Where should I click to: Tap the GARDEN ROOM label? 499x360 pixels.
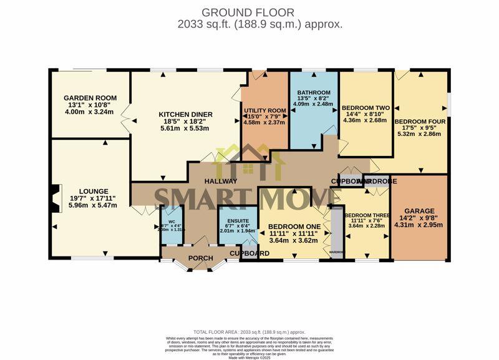click(x=90, y=98)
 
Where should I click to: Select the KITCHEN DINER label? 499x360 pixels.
click(x=185, y=114)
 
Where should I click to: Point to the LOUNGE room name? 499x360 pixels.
click(x=94, y=192)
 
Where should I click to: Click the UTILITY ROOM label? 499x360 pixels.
click(x=264, y=110)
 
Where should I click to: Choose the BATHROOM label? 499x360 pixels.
click(x=314, y=93)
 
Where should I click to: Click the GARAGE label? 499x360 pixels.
click(x=419, y=211)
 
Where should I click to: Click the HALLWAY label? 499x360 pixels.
click(x=221, y=181)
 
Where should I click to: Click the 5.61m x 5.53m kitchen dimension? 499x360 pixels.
click(x=185, y=129)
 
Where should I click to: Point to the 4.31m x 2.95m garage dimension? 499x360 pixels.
click(x=419, y=225)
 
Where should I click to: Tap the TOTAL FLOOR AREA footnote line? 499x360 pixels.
click(x=249, y=332)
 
